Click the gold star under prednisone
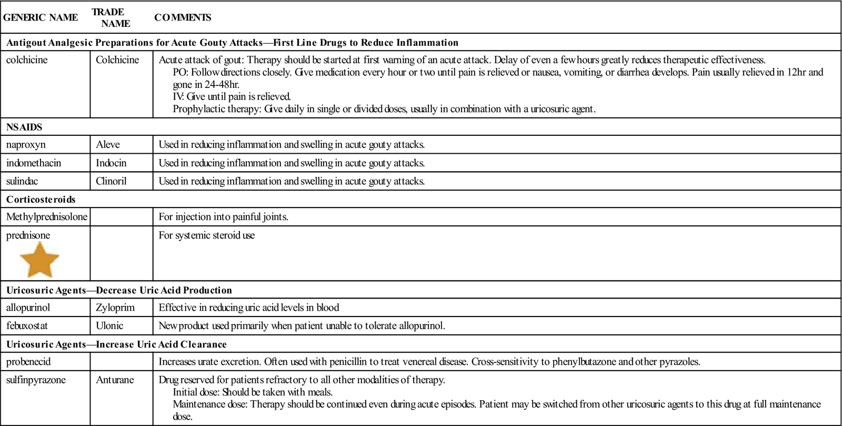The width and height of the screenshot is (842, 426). pos(39,260)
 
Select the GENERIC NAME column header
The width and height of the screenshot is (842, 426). pos(41,17)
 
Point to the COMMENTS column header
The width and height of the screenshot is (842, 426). pos(183,17)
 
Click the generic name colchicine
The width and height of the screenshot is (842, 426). pos(27,60)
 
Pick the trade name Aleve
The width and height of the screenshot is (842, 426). pos(108,145)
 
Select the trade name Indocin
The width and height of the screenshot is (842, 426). pos(111,163)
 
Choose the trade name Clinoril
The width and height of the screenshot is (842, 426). pos(111,181)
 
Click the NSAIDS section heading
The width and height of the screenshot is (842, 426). pos(24,127)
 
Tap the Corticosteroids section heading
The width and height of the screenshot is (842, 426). pos(41,200)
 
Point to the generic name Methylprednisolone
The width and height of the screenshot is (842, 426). pos(47,217)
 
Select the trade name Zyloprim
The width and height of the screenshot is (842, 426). pos(115,308)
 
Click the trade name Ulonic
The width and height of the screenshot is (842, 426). pos(109,326)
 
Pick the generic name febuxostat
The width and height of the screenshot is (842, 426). pos(27,326)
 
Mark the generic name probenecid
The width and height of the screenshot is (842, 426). pos(28,362)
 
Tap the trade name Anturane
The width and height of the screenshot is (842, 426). pos(115,380)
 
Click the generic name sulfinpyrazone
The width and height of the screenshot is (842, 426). pos(36,380)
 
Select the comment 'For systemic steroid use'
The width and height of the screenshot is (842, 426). pos(207,235)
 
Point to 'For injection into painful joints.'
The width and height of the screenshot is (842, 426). pos(224,217)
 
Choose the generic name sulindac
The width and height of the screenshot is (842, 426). pos(22,181)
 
